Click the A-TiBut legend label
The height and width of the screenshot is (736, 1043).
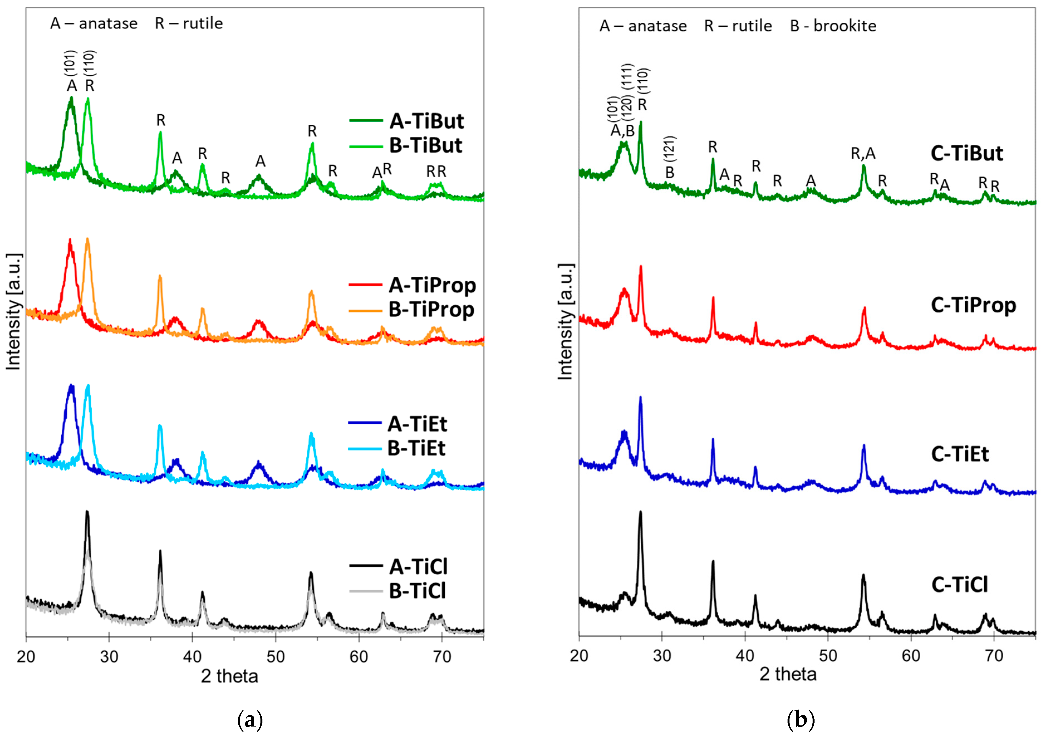[x=427, y=121]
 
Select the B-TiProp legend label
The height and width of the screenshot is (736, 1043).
[x=431, y=310]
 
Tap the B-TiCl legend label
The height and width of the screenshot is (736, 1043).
[x=417, y=591]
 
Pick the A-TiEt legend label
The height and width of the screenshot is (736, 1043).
[x=417, y=424]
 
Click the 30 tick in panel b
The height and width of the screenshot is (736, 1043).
[x=662, y=656]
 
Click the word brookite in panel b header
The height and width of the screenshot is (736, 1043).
[x=845, y=26]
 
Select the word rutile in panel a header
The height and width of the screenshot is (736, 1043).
[x=203, y=23]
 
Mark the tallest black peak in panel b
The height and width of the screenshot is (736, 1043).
[x=641, y=512]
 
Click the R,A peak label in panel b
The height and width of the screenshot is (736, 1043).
[x=863, y=154]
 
